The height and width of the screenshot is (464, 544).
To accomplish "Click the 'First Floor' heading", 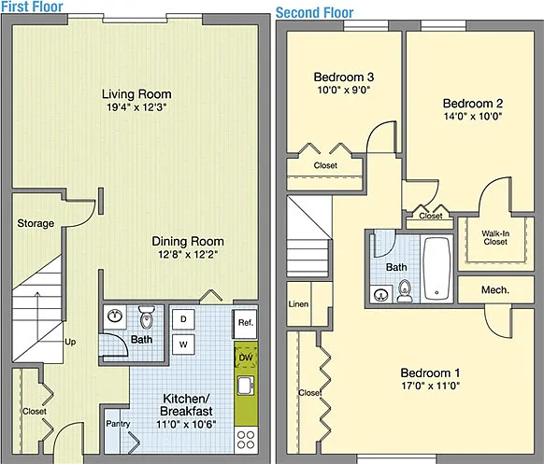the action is pos(32,7).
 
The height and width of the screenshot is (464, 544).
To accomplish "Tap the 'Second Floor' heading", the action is pos(315,13).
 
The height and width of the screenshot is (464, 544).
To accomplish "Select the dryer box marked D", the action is pos(183,319).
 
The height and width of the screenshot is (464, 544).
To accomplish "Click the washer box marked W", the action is pos(183,344).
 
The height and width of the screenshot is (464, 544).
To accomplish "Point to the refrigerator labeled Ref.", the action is pos(245,324).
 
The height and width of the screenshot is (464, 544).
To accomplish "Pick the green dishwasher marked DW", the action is pos(246,358).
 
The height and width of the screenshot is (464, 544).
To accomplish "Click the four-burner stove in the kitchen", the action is pos(246,440).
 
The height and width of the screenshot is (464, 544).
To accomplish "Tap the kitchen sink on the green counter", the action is pos(246,386).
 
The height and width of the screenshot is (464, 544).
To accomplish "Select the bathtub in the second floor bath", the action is pos(437,269).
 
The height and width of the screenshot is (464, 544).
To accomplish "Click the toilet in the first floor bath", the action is pos(147,316).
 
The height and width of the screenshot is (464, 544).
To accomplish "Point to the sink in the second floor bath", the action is pos(381,295).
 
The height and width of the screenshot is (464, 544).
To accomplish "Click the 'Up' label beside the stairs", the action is pos(70,342).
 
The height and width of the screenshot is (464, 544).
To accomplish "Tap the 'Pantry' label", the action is pos(118,424).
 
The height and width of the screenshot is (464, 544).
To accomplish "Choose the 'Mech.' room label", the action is pos(495,289).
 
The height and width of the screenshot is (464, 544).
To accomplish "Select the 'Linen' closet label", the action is pos(298,304).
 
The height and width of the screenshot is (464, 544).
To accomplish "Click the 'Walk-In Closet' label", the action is pos(495,237).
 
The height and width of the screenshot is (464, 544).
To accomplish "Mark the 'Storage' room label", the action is pos(36,223).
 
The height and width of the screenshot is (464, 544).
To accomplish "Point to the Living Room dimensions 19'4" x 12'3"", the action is pos(136,107).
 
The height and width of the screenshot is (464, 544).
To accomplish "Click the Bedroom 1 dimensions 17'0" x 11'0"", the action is pos(431,386).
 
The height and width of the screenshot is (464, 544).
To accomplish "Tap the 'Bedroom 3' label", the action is pos(344,77).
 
